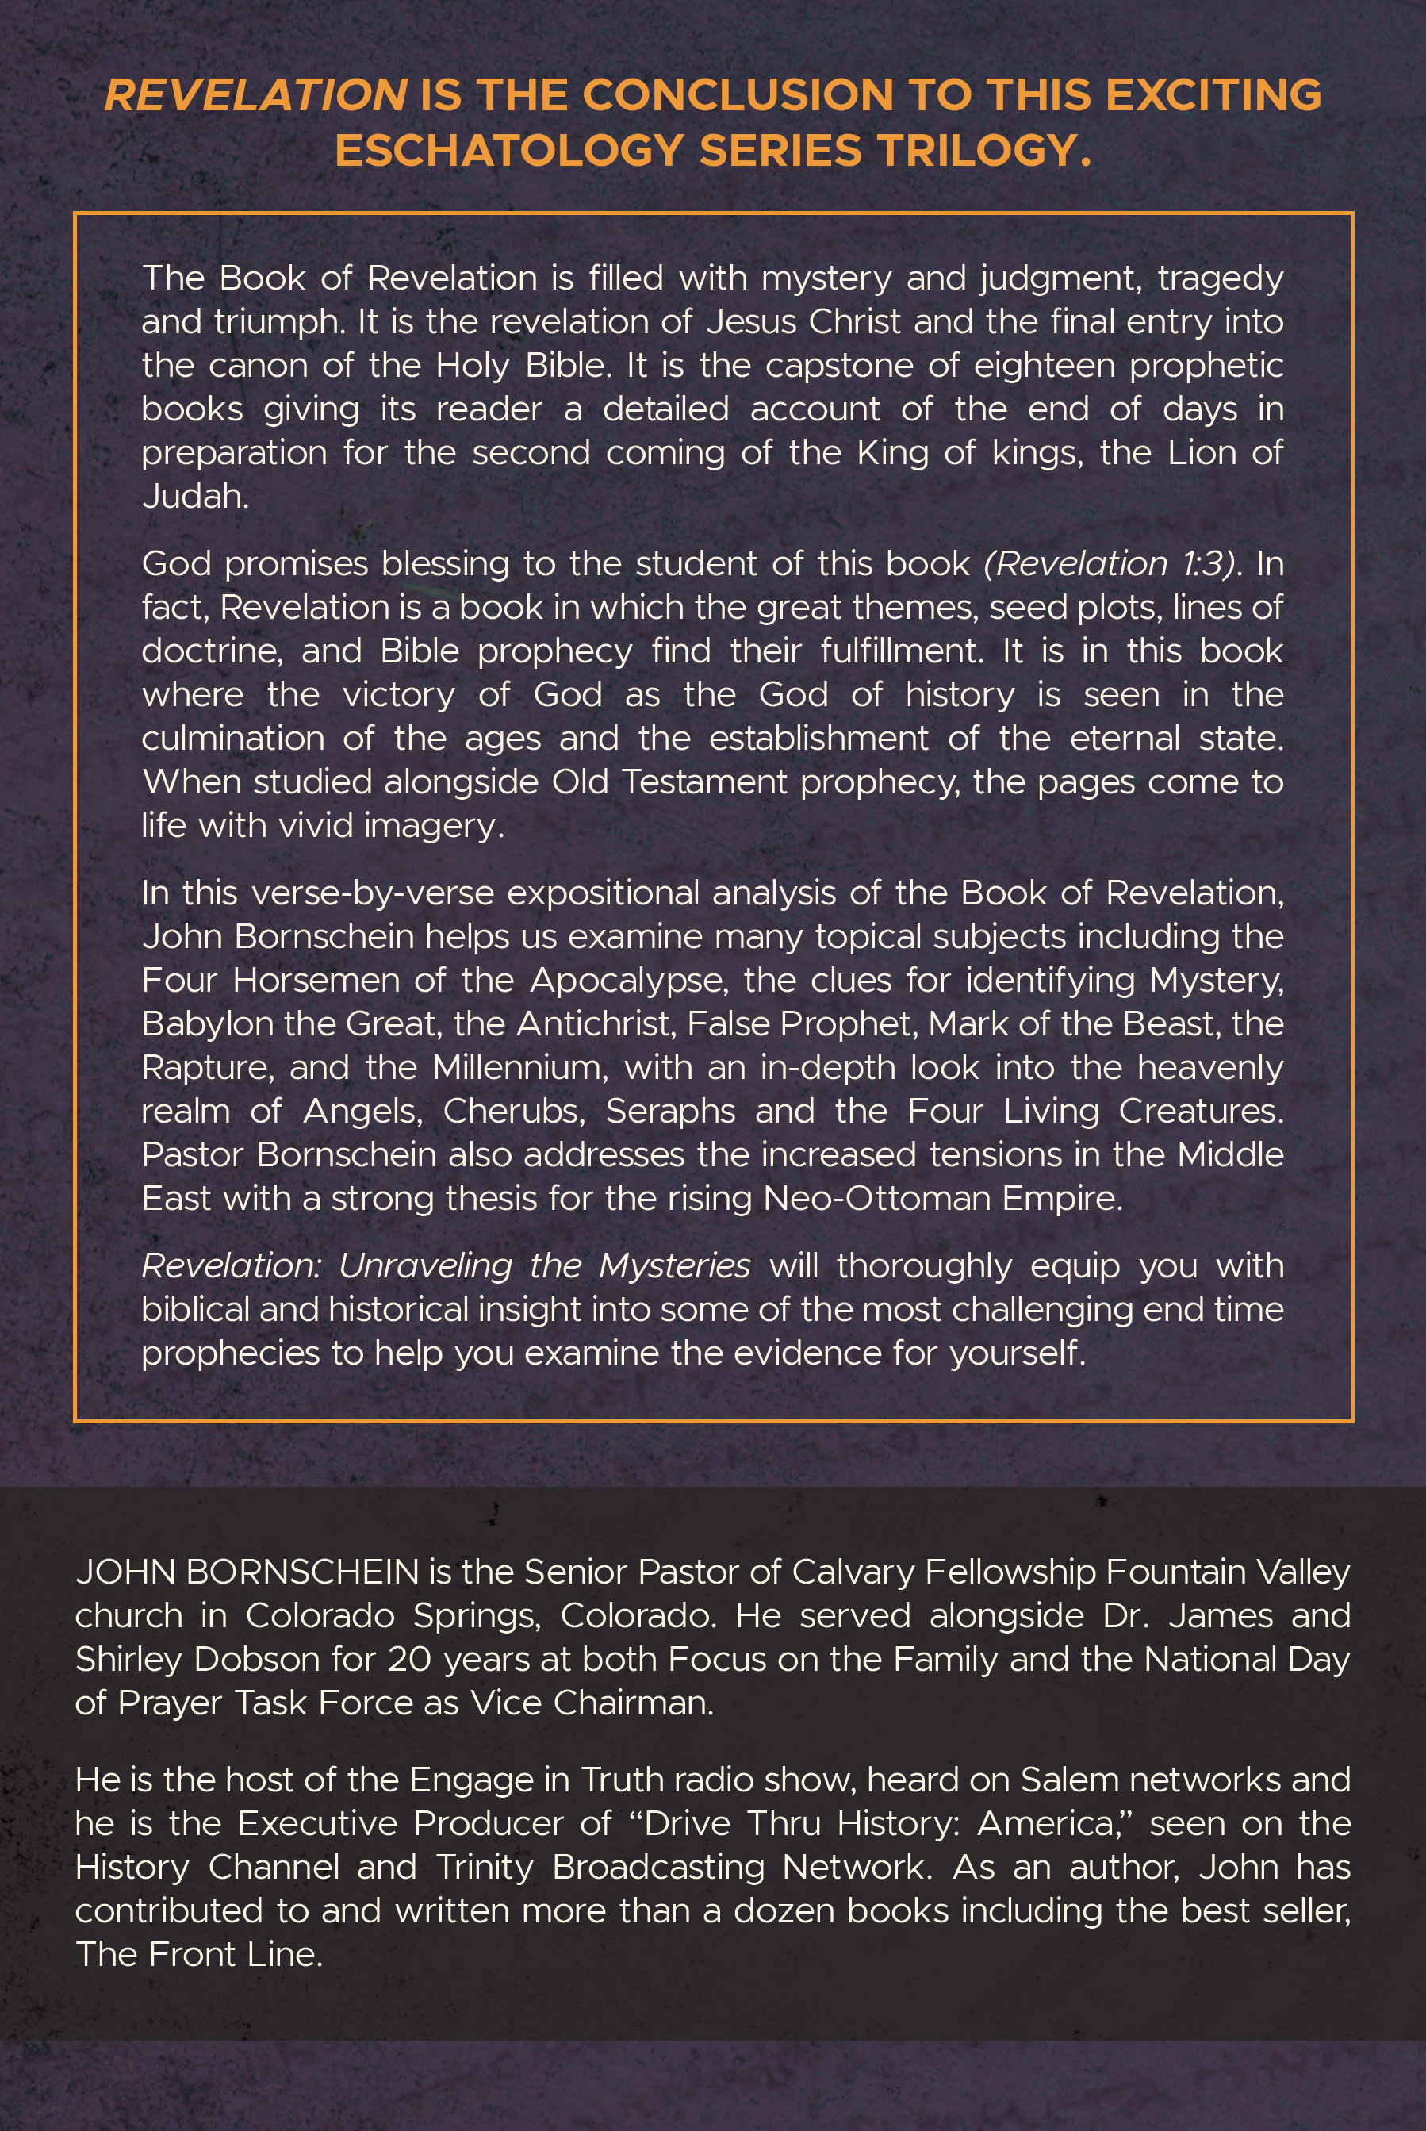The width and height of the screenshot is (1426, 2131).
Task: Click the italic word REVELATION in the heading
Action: click(x=255, y=95)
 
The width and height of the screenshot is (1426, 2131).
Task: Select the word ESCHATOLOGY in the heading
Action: click(x=508, y=151)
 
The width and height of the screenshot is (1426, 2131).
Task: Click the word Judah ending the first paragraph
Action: click(x=194, y=497)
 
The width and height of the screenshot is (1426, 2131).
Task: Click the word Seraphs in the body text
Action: click(x=671, y=1112)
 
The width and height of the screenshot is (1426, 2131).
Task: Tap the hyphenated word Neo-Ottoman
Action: click(x=876, y=1199)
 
